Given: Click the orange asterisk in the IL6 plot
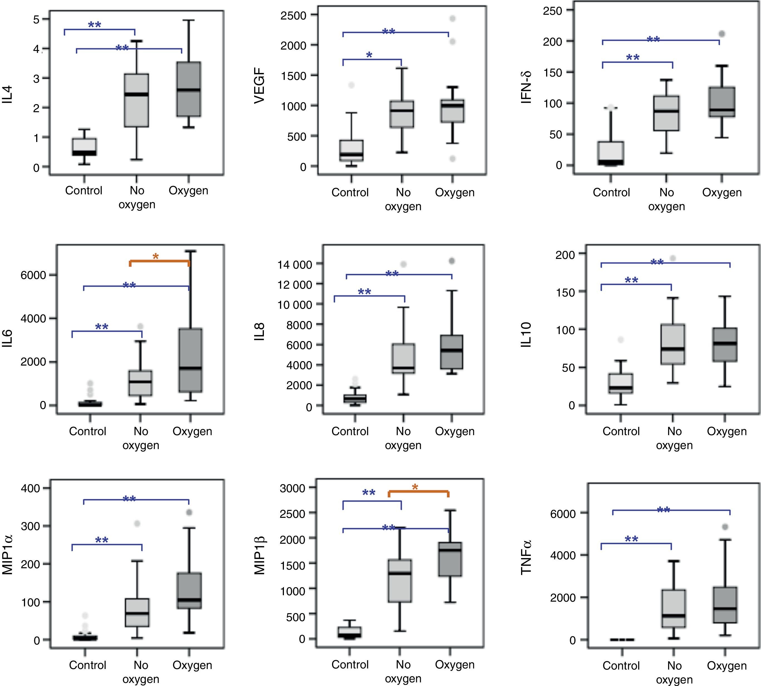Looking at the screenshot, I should [x=156, y=257].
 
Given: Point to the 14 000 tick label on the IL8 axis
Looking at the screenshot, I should [x=295, y=264].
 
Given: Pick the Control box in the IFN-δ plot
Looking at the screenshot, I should [x=611, y=153].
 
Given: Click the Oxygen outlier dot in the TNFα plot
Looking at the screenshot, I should [x=725, y=526].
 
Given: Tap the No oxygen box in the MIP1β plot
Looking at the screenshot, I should [x=400, y=580].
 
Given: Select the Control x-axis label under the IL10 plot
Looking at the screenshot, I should [x=621, y=431].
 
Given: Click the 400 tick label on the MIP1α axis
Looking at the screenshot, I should [x=30, y=489].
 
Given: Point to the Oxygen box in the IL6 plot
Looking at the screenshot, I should [x=190, y=360].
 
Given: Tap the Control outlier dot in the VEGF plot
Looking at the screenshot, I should [x=351, y=85].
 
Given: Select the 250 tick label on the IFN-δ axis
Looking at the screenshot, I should [x=553, y=11].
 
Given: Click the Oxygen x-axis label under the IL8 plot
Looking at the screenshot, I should [x=455, y=431].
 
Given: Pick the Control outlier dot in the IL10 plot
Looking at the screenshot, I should [x=620, y=340].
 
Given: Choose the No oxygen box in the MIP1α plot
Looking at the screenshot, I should [x=137, y=612].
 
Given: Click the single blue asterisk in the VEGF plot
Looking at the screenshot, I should [x=369, y=55].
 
